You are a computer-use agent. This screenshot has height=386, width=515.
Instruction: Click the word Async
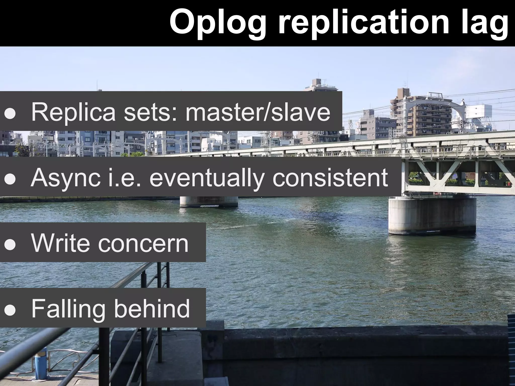coord(65,178)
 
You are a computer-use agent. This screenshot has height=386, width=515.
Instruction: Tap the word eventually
coord(206,178)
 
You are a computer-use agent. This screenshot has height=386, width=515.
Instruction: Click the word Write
coord(60,243)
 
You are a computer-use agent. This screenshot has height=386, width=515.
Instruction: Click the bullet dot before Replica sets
coord(10,113)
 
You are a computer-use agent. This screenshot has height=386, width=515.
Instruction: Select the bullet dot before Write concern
coord(10,245)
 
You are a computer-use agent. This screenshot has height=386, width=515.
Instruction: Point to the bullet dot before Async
coord(10,179)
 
